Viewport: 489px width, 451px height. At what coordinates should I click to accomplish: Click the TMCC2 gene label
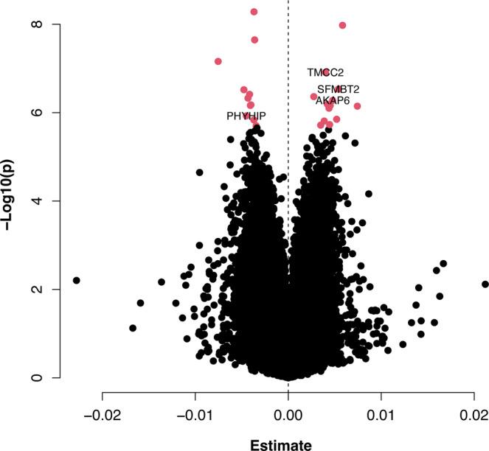click(x=325, y=73)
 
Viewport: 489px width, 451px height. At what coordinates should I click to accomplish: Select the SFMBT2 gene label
click(x=339, y=89)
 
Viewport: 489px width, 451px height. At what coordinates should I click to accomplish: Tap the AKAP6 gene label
click(x=333, y=100)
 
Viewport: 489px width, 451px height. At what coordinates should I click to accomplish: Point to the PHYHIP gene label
click(x=246, y=116)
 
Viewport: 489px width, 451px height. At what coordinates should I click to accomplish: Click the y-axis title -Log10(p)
click(x=13, y=200)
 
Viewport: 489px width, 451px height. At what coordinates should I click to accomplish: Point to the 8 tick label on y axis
click(x=35, y=24)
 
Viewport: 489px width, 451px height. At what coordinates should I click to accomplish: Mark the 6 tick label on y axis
click(x=35, y=113)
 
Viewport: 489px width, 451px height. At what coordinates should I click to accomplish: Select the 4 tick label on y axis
click(x=35, y=201)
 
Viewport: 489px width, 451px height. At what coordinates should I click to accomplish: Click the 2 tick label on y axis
click(x=35, y=290)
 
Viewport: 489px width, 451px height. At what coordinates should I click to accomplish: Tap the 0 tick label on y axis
click(x=35, y=378)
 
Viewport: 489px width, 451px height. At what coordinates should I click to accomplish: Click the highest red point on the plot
click(x=254, y=12)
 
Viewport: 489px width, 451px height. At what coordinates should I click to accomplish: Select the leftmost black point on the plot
click(x=76, y=280)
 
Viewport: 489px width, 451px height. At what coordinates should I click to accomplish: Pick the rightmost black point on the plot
click(x=485, y=284)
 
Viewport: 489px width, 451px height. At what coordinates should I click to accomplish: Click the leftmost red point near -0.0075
click(x=218, y=61)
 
